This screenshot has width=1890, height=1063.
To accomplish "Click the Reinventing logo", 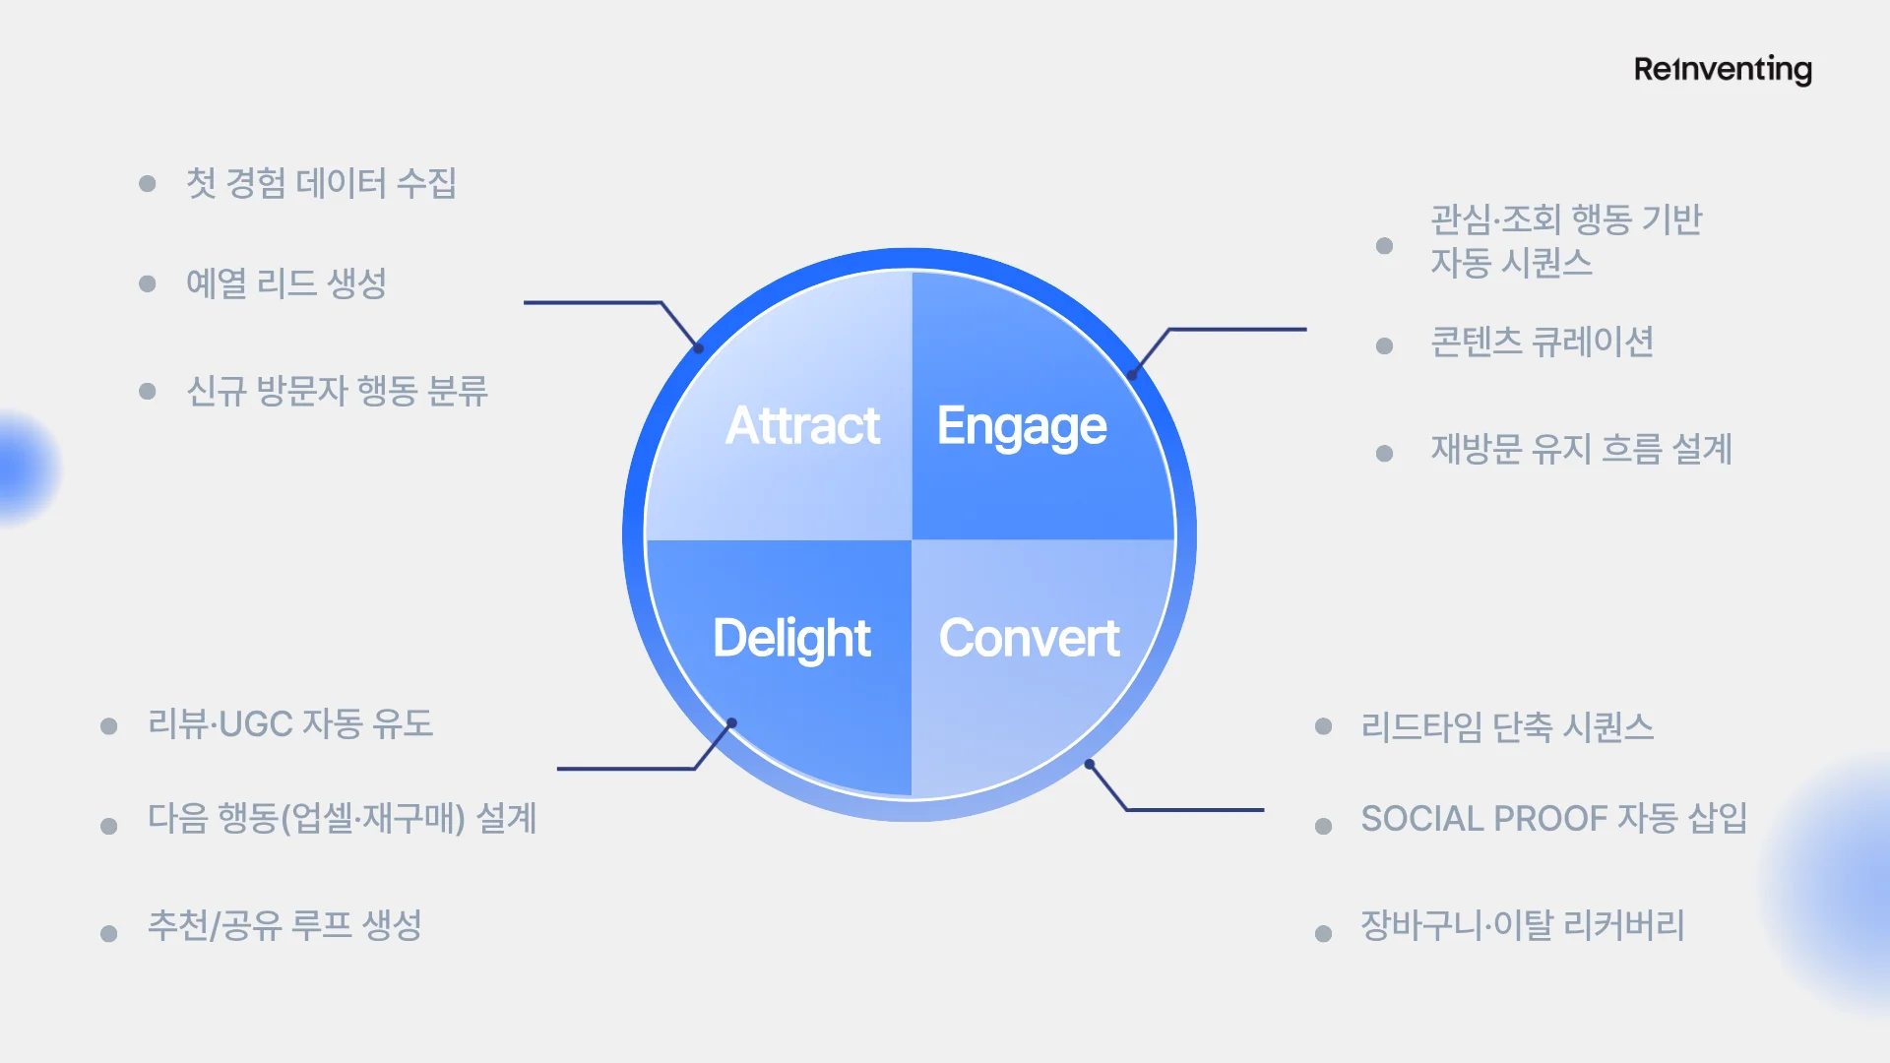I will [1723, 69].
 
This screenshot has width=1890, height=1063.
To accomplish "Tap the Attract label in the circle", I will [802, 425].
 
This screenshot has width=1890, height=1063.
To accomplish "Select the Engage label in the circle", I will [1022, 426].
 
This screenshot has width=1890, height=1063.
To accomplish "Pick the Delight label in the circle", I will [791, 638].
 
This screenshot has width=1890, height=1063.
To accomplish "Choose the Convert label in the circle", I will [1029, 638].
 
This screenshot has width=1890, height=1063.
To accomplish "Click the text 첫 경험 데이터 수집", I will [321, 183].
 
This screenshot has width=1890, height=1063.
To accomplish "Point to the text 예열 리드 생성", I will [285, 283].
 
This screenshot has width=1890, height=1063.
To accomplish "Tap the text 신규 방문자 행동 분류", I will [337, 391].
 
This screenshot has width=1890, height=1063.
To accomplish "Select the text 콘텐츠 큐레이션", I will [1542, 343].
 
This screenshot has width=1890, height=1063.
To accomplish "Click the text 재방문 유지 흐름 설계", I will [1581, 449].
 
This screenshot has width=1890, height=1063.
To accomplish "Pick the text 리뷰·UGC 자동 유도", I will [290, 724].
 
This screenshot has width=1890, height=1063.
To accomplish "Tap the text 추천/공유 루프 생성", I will [284, 925].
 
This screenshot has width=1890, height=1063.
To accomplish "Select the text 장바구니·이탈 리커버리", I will [1522, 925].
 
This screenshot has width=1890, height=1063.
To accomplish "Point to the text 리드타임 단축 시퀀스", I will [1507, 727].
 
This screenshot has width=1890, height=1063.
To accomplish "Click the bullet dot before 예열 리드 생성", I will [148, 284].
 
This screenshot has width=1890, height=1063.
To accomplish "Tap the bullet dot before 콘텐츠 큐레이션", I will [1384, 345].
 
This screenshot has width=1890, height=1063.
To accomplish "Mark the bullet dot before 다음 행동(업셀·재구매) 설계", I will [109, 827].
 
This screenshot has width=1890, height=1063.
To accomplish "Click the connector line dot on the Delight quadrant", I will [731, 723].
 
